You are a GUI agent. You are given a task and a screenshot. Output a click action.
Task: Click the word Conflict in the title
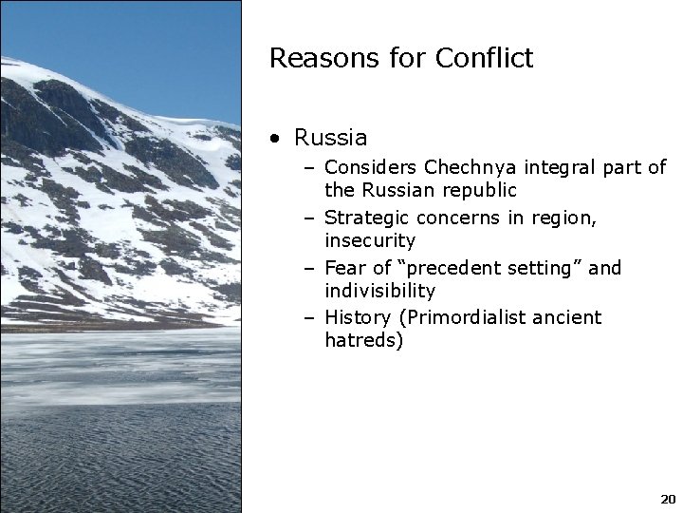point(484,58)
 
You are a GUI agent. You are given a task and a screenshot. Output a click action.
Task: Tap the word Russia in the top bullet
point(330,138)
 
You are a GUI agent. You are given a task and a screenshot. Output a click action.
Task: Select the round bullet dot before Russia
point(273,139)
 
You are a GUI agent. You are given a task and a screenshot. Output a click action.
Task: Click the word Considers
point(371,168)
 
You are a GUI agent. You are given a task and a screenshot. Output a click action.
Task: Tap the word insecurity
point(370,241)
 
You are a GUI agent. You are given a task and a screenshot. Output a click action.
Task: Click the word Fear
point(344,268)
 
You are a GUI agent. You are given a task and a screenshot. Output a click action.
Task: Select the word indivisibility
point(379,291)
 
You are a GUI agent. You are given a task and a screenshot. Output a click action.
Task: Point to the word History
point(357,317)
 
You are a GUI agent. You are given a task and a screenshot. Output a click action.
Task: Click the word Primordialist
point(462,317)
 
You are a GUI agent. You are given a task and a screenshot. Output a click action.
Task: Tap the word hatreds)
point(363,340)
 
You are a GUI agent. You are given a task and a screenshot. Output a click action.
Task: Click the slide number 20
point(667,499)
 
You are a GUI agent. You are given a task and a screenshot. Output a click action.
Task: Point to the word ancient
point(569,317)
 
